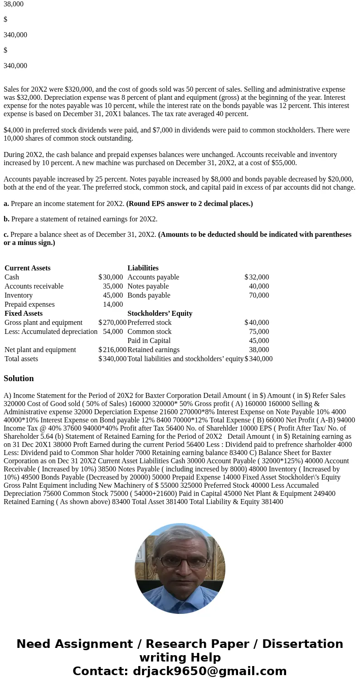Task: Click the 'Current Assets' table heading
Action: pos(27,268)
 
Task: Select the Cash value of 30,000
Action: pos(112,277)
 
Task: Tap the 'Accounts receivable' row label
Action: pos(34,286)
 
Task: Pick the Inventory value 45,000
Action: pos(112,295)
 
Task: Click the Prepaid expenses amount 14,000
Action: pos(112,304)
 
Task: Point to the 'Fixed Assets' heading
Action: pos(24,314)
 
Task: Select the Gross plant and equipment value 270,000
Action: pos(114,323)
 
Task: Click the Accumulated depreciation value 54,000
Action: pos(112,332)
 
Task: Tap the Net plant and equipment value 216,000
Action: pos(114,350)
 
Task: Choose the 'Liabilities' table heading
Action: pos(143,268)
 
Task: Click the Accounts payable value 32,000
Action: pos(258,277)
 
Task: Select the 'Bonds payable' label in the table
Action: pos(149,295)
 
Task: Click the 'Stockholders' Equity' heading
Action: pos(160,314)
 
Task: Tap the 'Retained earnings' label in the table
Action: pos(153,350)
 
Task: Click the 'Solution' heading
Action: pos(19,378)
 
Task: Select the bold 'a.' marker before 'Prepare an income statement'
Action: pos(6,204)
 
